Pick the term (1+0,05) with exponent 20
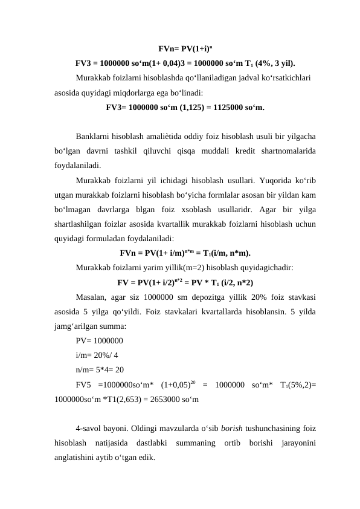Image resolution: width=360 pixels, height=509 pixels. pyautogui.click(x=179, y=385)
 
